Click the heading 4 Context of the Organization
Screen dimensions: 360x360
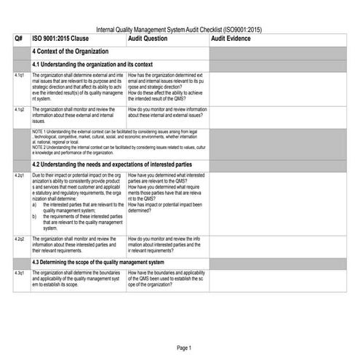pyautogui.click(x=71, y=52)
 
